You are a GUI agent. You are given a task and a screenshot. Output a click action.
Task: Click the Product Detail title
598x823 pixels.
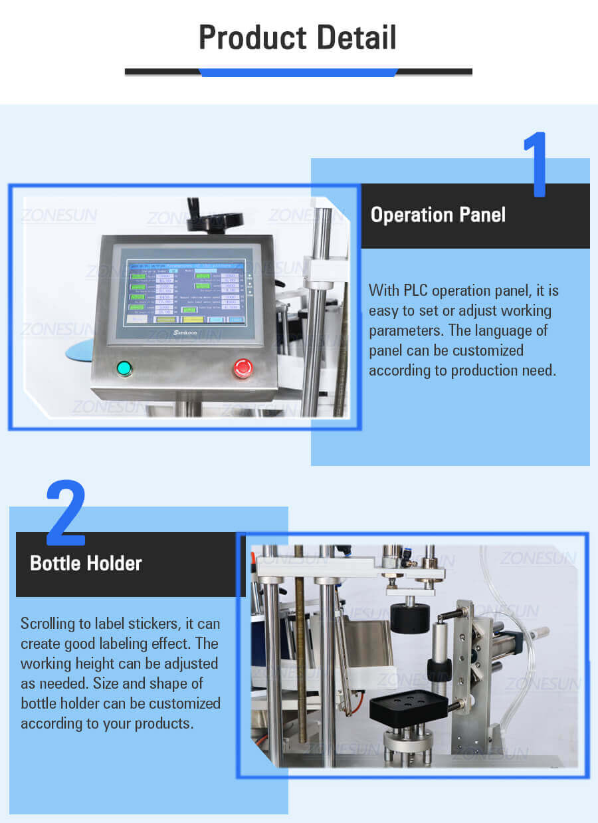(298, 38)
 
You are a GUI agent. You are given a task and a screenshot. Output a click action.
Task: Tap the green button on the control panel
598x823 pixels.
(124, 368)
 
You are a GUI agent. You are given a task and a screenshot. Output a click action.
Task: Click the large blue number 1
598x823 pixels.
(535, 164)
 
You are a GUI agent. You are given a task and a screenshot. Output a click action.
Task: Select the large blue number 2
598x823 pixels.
(65, 512)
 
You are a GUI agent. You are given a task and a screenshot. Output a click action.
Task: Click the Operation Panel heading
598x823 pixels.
(438, 215)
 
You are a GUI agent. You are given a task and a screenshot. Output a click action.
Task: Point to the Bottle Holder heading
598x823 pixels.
(86, 564)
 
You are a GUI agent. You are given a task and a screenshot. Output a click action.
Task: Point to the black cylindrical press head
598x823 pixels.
(408, 617)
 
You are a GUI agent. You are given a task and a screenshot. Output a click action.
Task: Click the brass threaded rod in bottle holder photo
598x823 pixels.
(300, 651)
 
